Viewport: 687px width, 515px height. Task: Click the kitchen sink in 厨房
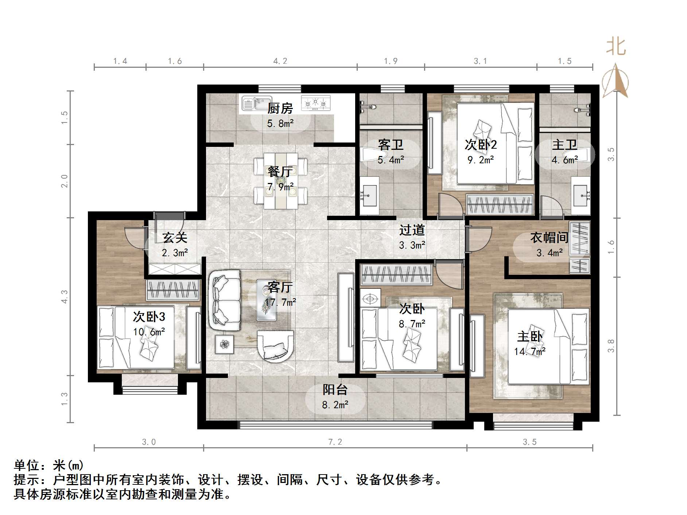pos(257,104)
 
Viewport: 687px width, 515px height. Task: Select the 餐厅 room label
pos(280,171)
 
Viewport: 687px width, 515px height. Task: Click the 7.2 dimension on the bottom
pos(335,442)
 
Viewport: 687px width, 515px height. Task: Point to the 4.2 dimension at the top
pos(280,61)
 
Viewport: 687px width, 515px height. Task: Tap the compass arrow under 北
pos(615,81)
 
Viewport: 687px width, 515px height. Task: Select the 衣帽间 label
pos(549,238)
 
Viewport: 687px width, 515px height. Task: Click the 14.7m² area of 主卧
pos(529,351)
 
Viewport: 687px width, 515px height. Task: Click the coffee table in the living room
pos(267,300)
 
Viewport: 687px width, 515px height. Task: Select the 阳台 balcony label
pos(335,390)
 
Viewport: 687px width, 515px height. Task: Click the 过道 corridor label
pos(412,230)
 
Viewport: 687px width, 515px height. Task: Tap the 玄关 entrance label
pos(175,238)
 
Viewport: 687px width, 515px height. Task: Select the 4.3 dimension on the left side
pos(65,296)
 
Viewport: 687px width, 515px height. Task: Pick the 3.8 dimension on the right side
pos(611,346)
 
